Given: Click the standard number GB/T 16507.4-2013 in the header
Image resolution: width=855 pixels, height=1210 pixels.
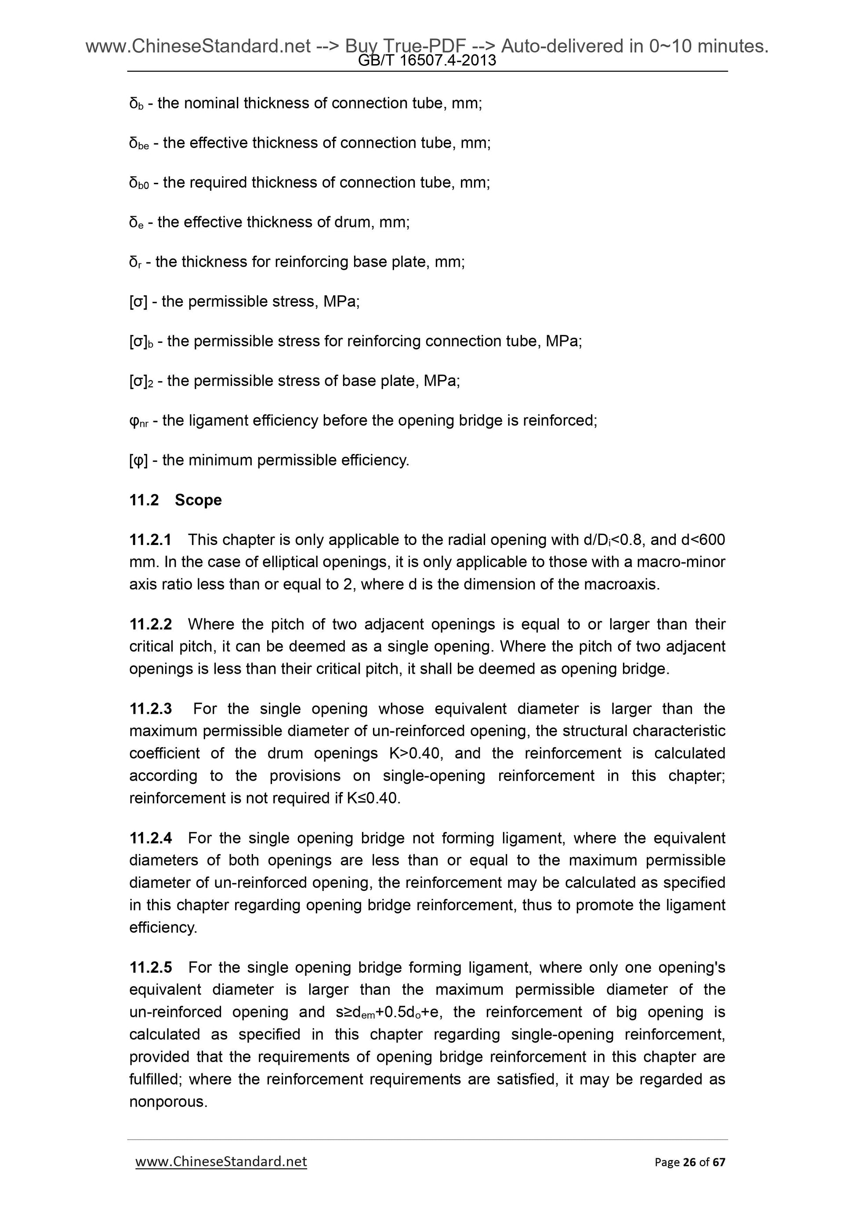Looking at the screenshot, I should [427, 61].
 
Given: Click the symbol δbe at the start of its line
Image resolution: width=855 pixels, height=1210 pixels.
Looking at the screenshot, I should [139, 143].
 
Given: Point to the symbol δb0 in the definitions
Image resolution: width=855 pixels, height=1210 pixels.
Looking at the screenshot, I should [139, 183].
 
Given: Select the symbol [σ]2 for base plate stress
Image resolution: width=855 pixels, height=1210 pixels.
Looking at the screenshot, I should [141, 381].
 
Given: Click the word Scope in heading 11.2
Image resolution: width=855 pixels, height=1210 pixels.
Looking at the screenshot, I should [198, 500].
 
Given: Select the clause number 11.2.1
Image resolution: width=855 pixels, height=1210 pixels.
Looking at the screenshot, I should [151, 540].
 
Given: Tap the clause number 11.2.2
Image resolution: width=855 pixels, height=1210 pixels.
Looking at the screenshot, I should [151, 624].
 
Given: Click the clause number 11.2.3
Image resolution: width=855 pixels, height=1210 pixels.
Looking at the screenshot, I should [151, 709].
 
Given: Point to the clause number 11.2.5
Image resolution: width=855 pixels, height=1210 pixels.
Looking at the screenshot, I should [151, 967].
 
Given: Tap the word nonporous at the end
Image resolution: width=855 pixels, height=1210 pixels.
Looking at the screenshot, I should [167, 1102].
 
